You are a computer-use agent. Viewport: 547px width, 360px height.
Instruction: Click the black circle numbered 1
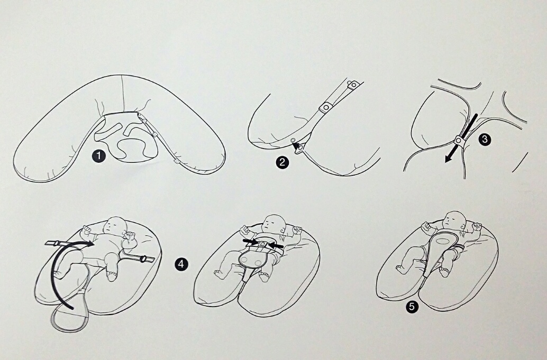99,156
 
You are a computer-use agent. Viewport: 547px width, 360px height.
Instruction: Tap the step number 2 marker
282,162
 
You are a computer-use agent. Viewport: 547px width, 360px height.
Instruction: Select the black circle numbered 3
485,140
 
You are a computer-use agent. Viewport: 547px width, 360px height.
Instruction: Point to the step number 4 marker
181,264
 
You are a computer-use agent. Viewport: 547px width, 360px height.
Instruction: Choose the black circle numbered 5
412,307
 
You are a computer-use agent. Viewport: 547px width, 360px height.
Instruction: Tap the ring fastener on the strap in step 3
459,141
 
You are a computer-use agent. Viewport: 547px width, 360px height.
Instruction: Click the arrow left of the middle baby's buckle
250,242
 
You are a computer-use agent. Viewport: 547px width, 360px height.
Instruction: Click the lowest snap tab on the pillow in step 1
177,162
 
